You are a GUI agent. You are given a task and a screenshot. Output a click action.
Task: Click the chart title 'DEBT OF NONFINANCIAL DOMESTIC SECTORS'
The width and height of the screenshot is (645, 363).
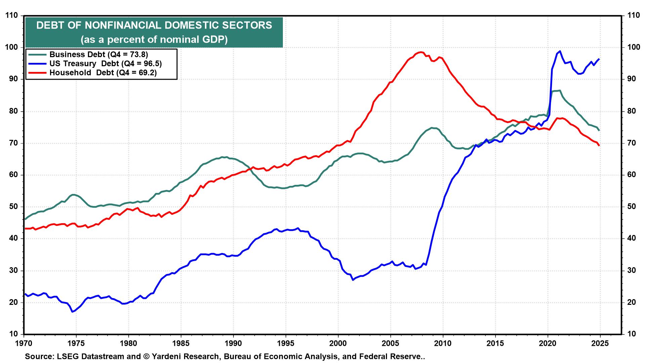[154, 26]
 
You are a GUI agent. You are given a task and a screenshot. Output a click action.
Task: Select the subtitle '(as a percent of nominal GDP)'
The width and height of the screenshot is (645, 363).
[154, 40]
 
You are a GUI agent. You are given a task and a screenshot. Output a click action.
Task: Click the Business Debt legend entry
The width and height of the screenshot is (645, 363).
[99, 54]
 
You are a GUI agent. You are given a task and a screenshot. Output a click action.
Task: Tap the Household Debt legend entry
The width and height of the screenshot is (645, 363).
[103, 73]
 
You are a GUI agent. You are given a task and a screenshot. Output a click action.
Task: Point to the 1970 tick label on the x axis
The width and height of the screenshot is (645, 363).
[24, 344]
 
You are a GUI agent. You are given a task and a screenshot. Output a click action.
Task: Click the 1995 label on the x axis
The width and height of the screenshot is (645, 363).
[286, 344]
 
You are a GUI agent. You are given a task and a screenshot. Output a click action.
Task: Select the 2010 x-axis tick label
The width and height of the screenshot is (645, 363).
[443, 344]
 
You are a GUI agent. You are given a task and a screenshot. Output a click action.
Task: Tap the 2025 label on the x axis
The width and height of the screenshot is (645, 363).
[600, 344]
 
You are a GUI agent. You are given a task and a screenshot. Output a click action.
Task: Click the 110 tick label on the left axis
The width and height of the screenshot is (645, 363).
[11, 15]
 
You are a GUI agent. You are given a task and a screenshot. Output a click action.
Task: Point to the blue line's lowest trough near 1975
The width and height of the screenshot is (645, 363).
[72, 312]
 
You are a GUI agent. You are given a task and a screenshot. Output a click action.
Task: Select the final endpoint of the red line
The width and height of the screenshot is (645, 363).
[599, 146]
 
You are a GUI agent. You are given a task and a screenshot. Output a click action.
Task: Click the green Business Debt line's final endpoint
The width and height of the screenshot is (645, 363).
[600, 130]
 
